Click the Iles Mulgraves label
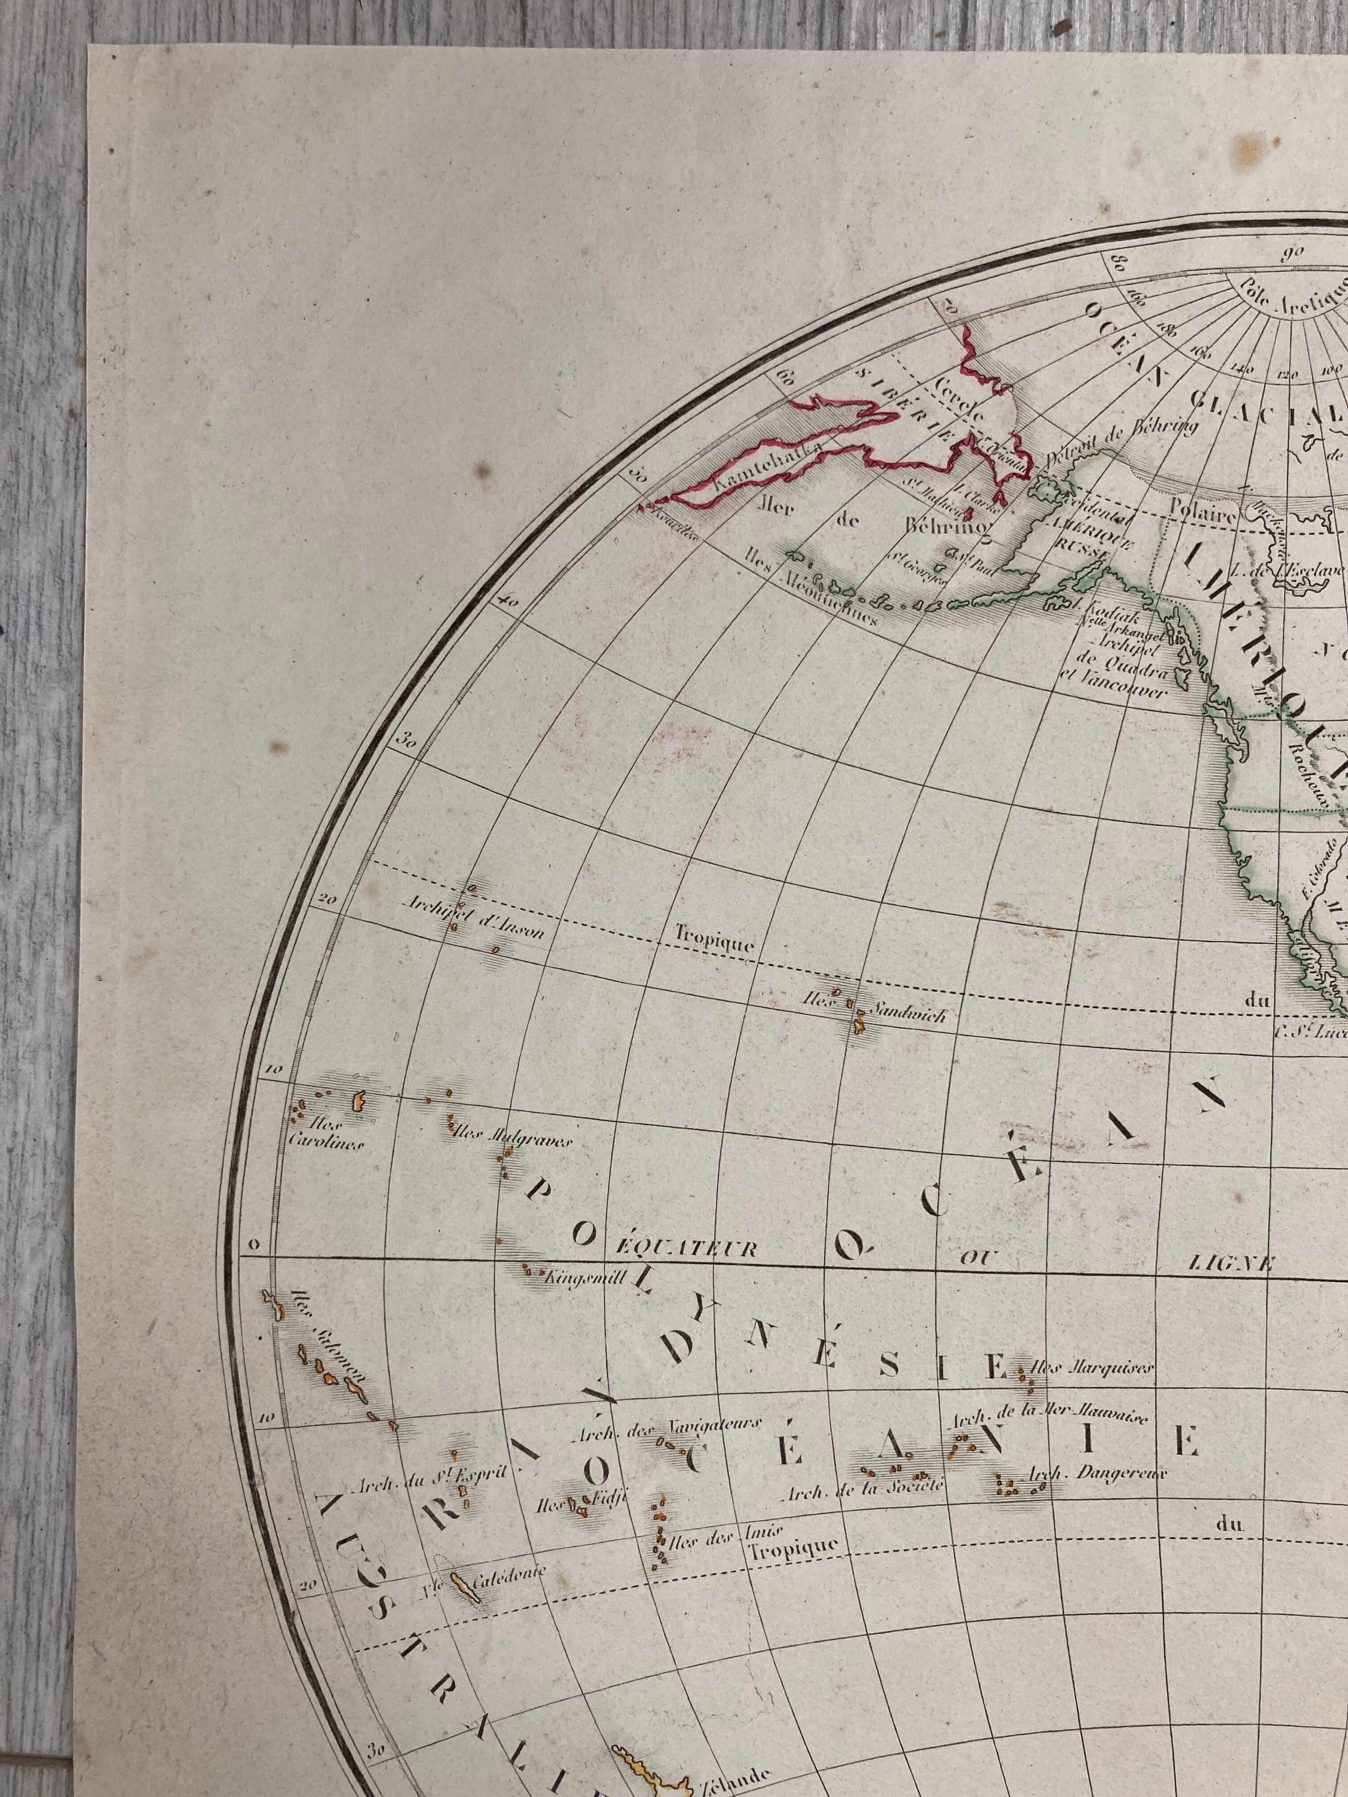pos(512,1135)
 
